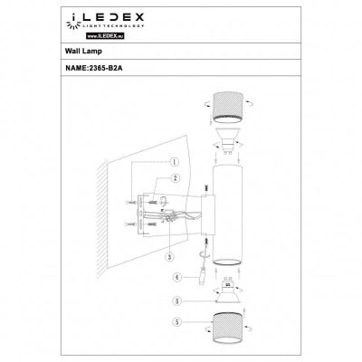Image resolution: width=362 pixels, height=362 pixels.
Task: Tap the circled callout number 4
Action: [178, 277]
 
